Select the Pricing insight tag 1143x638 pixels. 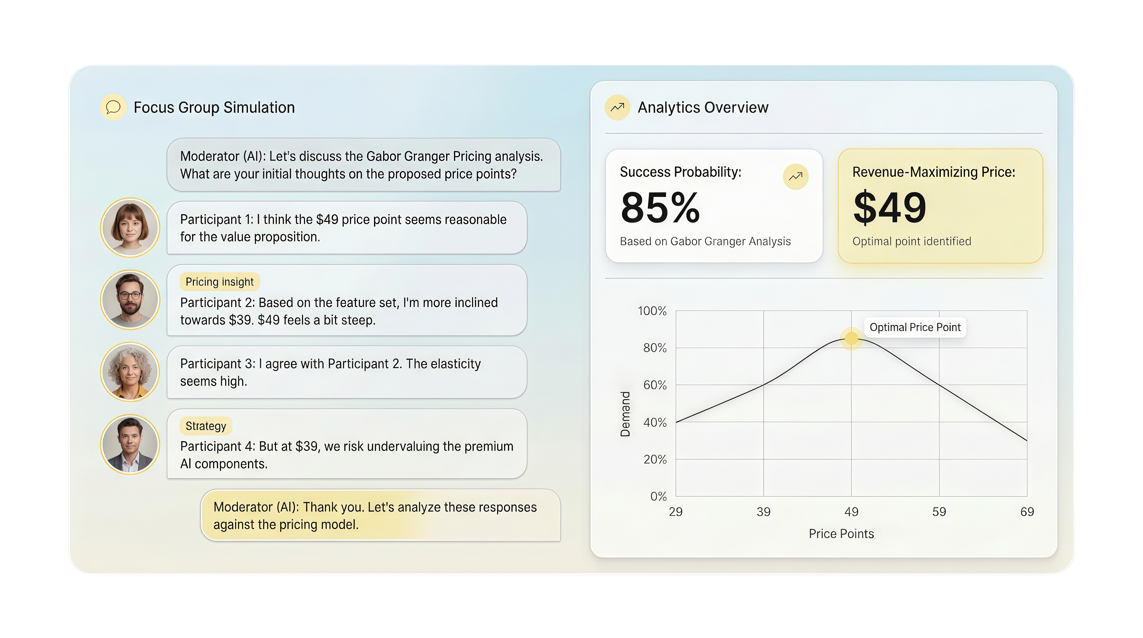pos(220,282)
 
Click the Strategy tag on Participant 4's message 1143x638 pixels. pos(206,426)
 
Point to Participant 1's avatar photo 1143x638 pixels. pos(130,228)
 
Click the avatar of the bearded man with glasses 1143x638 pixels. pos(130,300)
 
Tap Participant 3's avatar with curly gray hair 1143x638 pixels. pos(130,372)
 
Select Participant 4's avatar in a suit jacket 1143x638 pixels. pos(130,444)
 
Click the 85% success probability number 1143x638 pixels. pos(660,208)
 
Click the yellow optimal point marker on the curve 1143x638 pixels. pos(851,339)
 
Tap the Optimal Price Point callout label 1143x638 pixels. pos(915,327)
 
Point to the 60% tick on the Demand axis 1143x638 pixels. pos(655,385)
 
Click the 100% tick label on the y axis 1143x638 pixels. pos(652,311)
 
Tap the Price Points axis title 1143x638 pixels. pos(841,534)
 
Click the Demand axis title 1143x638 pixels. pos(625,414)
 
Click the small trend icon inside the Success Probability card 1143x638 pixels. pos(796,177)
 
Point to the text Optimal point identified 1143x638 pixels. pos(912,241)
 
